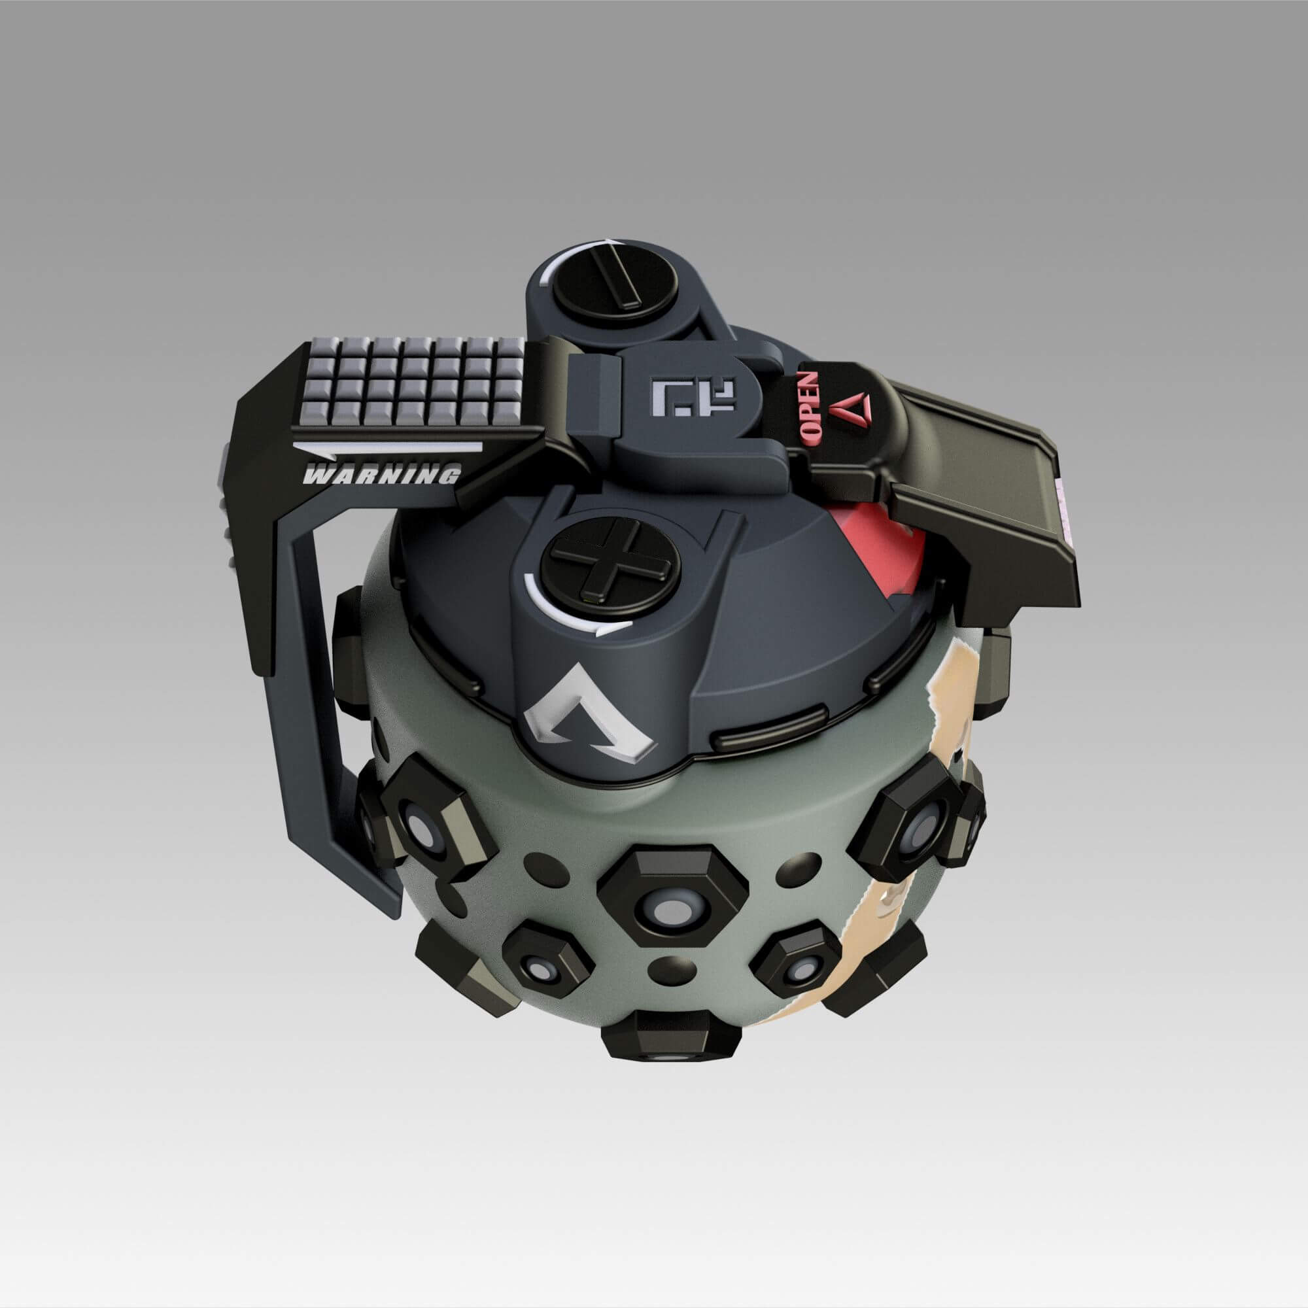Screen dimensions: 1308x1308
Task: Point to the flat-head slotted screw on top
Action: point(615,285)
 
